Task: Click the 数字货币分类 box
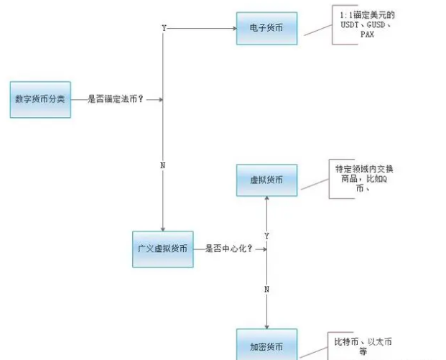click(40, 99)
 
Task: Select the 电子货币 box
click(266, 28)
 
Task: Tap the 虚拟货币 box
click(266, 180)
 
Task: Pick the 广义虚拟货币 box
click(163, 249)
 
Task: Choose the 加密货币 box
click(266, 345)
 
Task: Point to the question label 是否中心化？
click(229, 249)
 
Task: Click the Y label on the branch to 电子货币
click(164, 28)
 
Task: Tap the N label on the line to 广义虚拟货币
click(163, 165)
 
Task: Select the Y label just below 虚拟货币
click(267, 235)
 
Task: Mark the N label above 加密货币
click(267, 289)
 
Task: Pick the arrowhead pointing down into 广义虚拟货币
click(163, 228)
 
